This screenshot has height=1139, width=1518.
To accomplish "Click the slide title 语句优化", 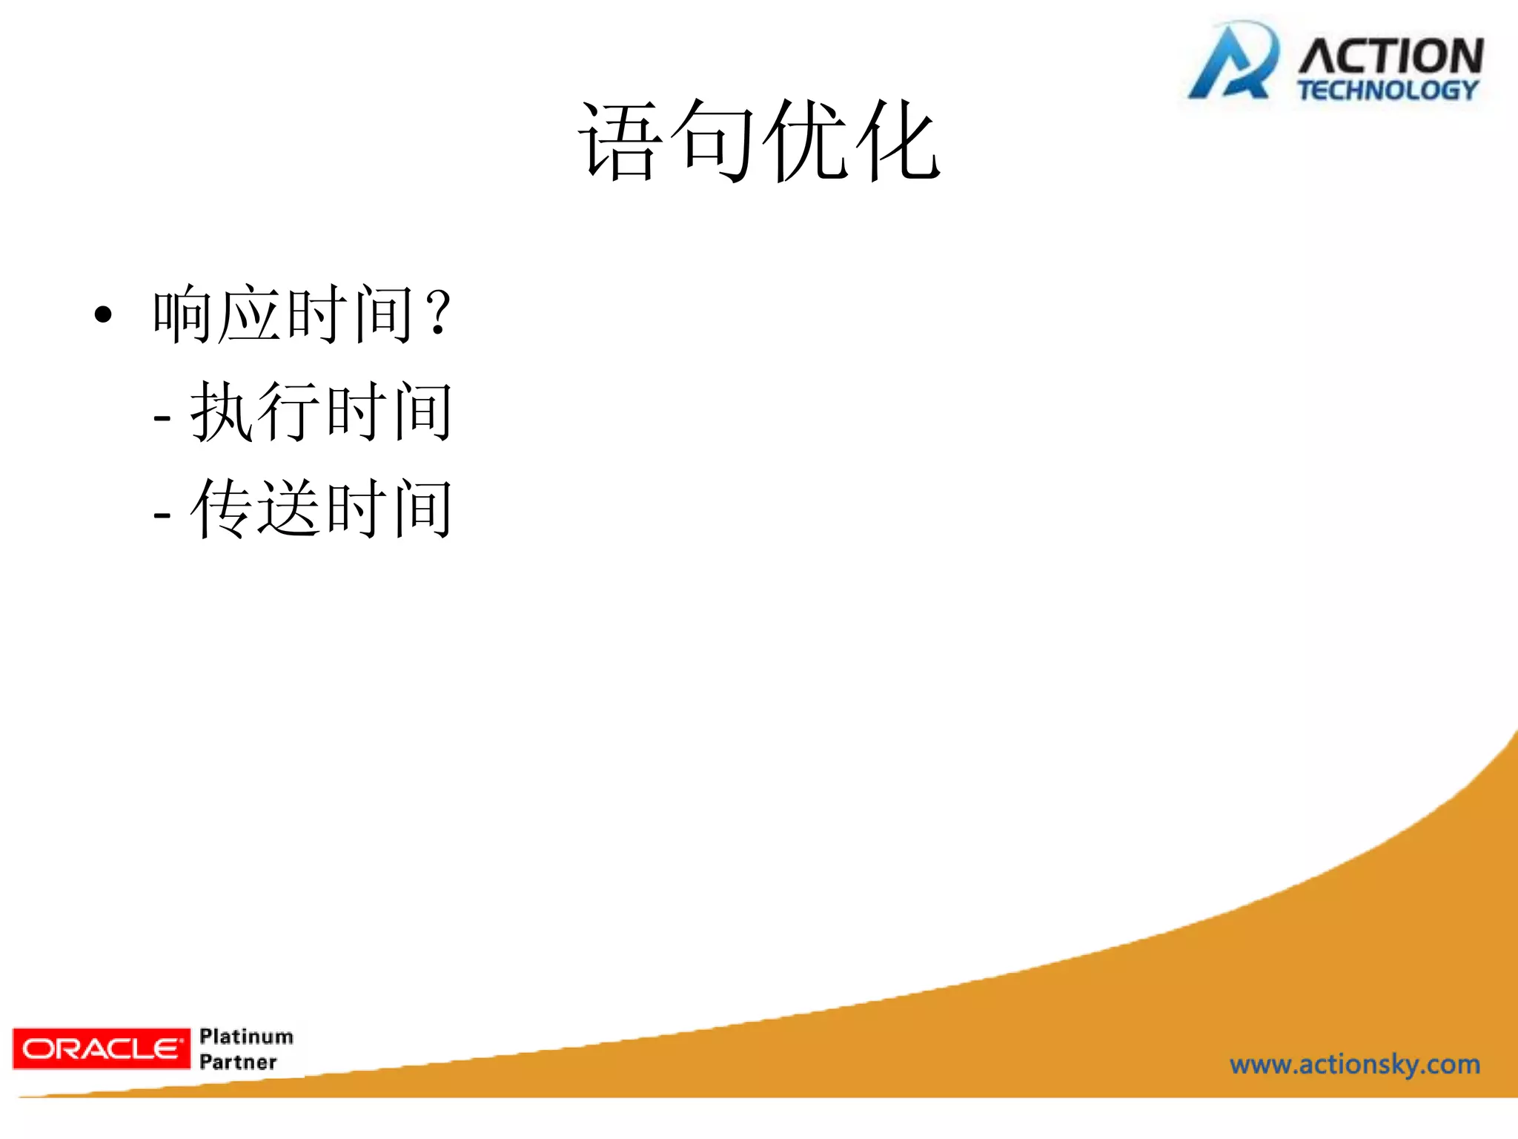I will pos(759,141).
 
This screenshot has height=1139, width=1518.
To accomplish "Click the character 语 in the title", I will pos(620,141).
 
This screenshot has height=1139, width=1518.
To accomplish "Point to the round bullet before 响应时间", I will pos(104,314).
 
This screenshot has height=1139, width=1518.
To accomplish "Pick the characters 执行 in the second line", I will pos(256,412).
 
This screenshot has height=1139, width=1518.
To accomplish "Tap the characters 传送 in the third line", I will pos(256,509).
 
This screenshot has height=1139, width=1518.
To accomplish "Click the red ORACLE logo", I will pos(102,1049).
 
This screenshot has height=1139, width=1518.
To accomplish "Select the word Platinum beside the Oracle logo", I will pos(247,1036).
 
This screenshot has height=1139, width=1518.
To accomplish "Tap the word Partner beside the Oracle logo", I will pos(238,1063).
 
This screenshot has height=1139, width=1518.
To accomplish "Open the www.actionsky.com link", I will pos(1355,1065).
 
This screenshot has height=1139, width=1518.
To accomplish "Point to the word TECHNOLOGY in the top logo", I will pos(1388,90).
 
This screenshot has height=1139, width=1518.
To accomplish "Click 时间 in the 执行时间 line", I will pos(390,412).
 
